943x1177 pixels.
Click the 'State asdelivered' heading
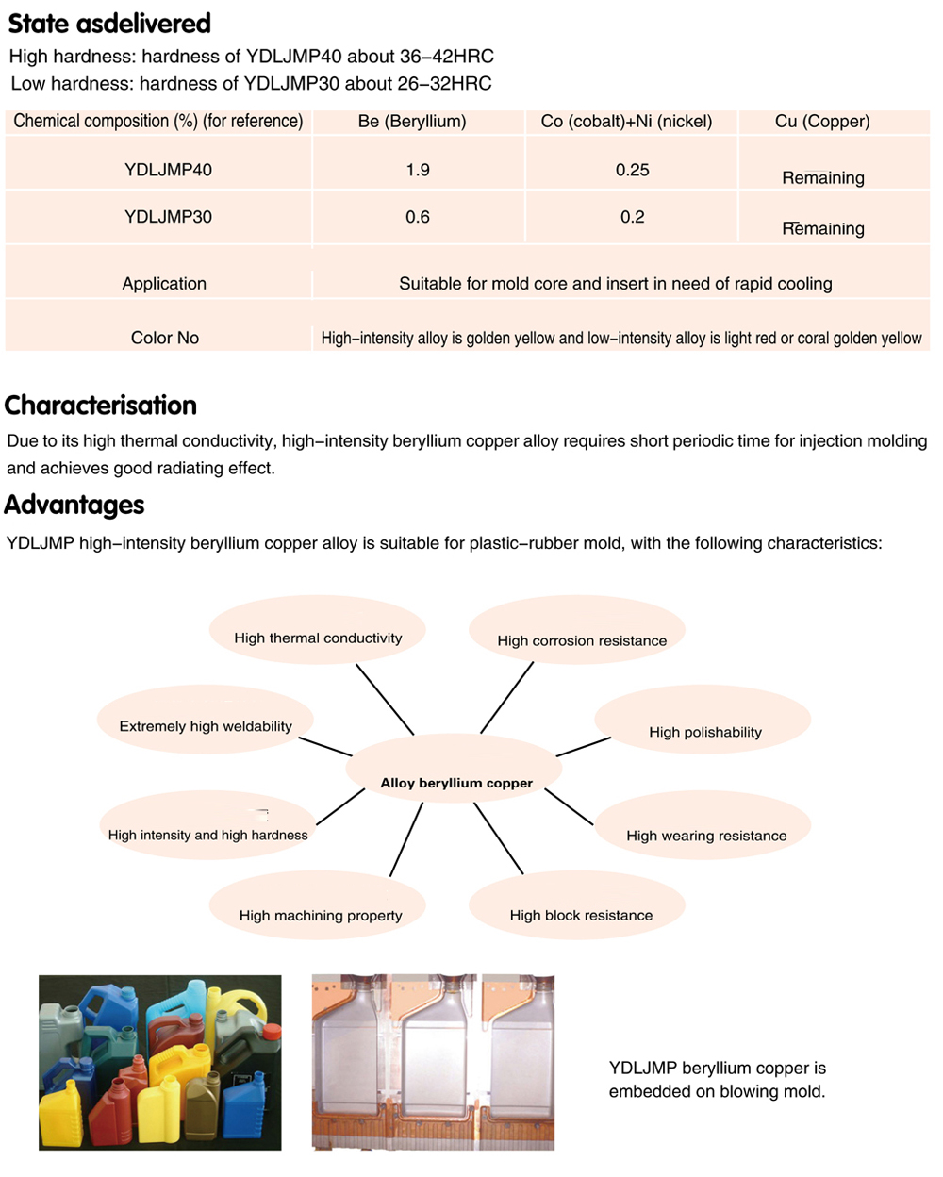[109, 24]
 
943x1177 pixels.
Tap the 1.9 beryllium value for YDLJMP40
[418, 170]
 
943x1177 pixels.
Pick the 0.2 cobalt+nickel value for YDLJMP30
[632, 217]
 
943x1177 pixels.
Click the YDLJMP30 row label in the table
[168, 217]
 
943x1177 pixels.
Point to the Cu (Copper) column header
[822, 122]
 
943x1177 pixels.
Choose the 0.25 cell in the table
[632, 170]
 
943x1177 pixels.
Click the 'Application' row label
[164, 284]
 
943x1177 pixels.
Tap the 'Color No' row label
[165, 338]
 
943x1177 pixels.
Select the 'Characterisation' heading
[101, 406]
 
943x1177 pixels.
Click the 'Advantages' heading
[74, 505]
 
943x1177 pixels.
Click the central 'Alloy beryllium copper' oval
[456, 783]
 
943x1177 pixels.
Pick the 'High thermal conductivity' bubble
[318, 638]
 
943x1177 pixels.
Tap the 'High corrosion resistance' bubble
[582, 640]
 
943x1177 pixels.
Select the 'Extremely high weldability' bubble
[206, 726]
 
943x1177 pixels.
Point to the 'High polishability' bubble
[704, 732]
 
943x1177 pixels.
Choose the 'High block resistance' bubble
[581, 915]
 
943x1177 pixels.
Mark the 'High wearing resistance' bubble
[705, 836]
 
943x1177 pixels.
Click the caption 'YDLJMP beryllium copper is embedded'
[717, 1079]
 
